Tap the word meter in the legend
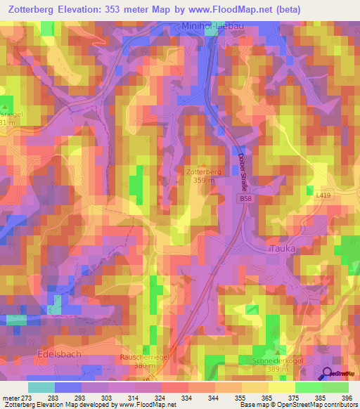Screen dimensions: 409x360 click(13, 398)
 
